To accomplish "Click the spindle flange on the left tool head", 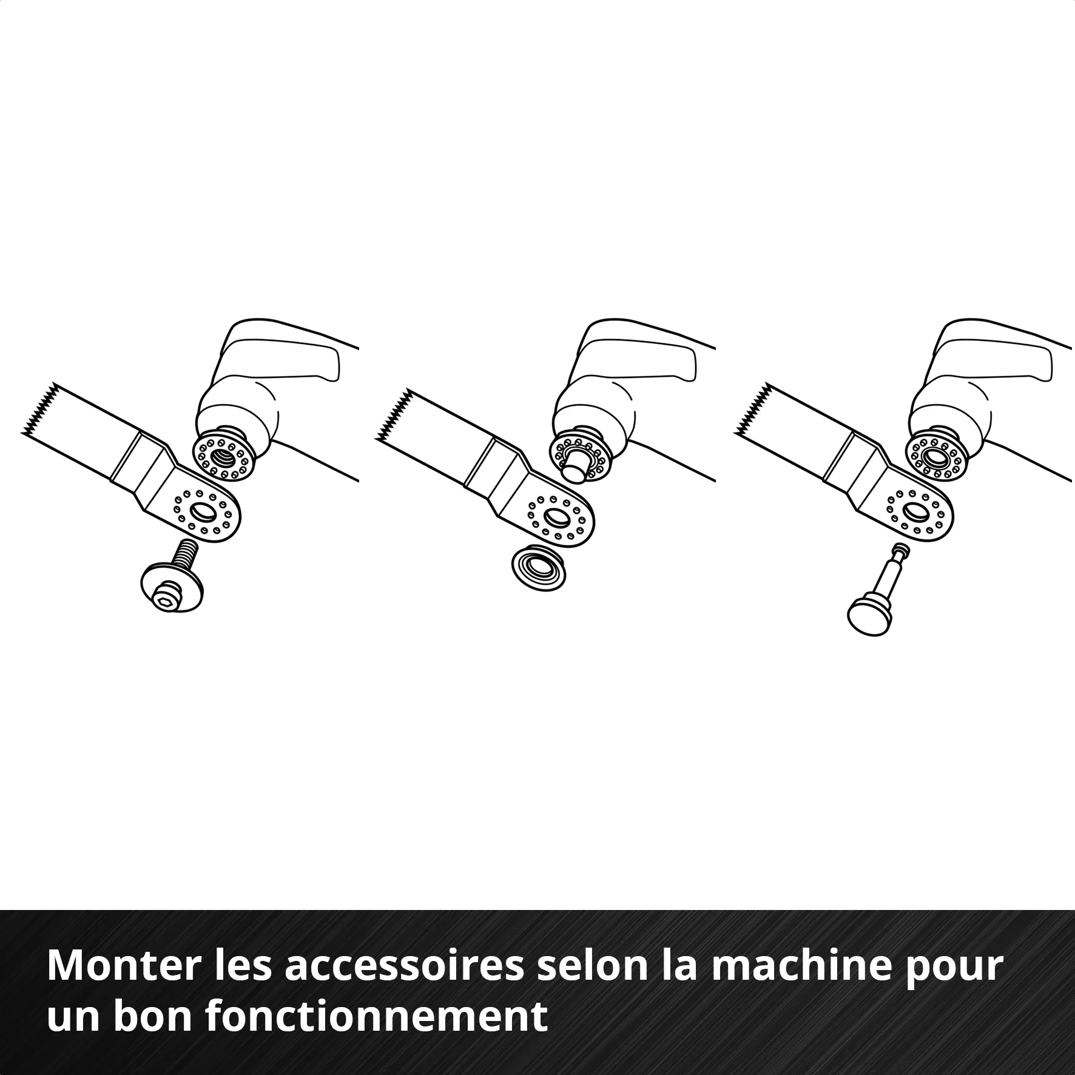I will (x=222, y=455).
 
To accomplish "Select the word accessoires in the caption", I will (x=403, y=966).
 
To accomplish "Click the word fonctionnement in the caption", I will (x=376, y=1017).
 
